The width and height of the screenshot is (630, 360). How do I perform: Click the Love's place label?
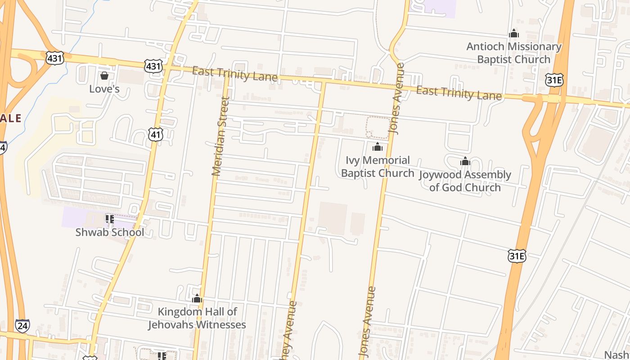point(104,89)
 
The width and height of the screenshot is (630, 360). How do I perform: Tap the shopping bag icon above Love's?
point(104,76)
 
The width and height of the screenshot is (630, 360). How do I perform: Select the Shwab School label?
point(110,232)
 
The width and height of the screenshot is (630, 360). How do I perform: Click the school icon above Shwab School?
point(109,219)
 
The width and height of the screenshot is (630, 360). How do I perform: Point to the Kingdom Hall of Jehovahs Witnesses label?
point(197,318)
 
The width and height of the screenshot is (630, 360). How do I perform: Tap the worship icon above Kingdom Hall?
point(197,298)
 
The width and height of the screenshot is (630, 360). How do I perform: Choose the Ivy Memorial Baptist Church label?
point(378,166)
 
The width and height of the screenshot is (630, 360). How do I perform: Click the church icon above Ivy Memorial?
point(377,147)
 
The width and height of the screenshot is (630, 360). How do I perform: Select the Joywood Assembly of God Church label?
point(465,181)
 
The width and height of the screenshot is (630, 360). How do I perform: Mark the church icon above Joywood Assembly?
point(465,161)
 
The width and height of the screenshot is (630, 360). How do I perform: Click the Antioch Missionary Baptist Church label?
point(514,53)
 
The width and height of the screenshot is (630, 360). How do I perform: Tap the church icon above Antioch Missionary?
point(513,33)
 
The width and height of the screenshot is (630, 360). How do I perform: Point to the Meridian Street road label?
point(220,137)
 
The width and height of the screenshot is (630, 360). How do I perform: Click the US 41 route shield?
point(156,134)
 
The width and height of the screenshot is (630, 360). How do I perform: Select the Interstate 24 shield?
point(22,326)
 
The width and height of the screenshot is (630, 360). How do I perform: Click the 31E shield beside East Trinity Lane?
point(554,80)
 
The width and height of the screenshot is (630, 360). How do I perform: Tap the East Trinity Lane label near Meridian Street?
point(235,74)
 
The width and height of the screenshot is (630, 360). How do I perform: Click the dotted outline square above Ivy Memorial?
point(378,128)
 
